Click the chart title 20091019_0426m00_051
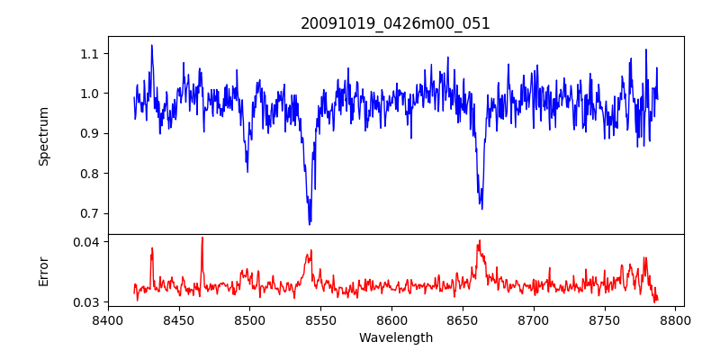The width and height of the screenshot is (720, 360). [x=395, y=23]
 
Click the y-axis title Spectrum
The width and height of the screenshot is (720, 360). [x=44, y=136]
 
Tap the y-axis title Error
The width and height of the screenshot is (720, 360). [x=44, y=271]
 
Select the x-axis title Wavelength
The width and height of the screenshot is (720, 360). [x=395, y=338]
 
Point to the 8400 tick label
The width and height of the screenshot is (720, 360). [x=108, y=319]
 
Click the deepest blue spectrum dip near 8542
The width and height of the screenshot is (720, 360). [x=310, y=223]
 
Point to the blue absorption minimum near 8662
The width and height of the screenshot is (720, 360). [x=481, y=208]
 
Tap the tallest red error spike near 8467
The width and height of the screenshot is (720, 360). [x=202, y=238]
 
